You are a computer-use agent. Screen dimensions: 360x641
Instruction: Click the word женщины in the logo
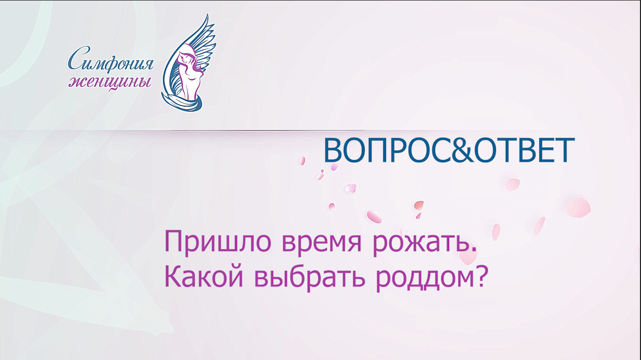(110, 82)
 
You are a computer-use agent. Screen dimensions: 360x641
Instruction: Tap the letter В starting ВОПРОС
(332, 150)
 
